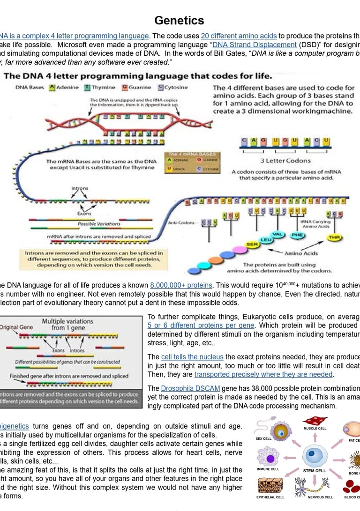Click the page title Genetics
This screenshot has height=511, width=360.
click(x=179, y=20)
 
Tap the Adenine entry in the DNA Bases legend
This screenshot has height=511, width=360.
click(x=64, y=87)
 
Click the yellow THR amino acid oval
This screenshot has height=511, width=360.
click(x=334, y=237)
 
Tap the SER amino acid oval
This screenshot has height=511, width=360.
click(x=252, y=244)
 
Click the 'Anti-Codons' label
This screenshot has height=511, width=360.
click(x=181, y=222)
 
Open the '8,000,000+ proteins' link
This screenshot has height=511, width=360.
click(x=181, y=285)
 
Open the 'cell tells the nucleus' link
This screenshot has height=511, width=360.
click(x=192, y=357)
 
